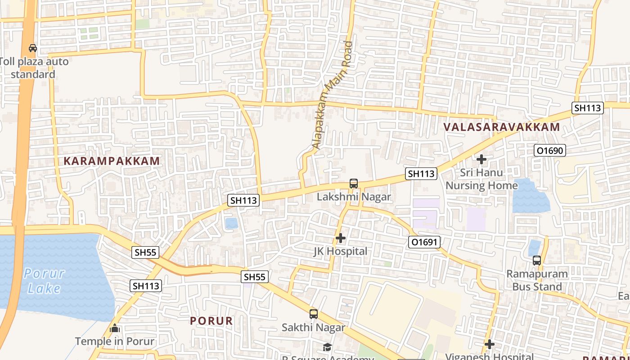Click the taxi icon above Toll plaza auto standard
(x=32, y=48)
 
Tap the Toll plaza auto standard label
(x=34, y=67)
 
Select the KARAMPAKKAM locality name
(x=112, y=161)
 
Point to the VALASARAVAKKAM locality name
(x=502, y=127)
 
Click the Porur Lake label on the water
(x=44, y=280)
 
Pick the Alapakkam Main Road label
(x=333, y=95)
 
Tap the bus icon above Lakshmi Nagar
(x=354, y=184)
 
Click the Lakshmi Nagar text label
(x=354, y=197)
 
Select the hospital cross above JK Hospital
(x=341, y=238)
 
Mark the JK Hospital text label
(x=341, y=251)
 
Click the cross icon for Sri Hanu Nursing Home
(x=481, y=159)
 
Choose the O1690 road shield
(x=549, y=150)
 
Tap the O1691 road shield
(x=424, y=242)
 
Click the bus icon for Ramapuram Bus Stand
(x=536, y=260)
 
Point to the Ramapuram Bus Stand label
(x=537, y=280)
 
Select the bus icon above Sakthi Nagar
(x=313, y=314)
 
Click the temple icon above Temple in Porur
(x=115, y=328)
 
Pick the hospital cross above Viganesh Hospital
(x=490, y=345)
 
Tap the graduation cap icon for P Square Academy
(x=327, y=347)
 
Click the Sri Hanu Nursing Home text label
(x=481, y=179)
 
